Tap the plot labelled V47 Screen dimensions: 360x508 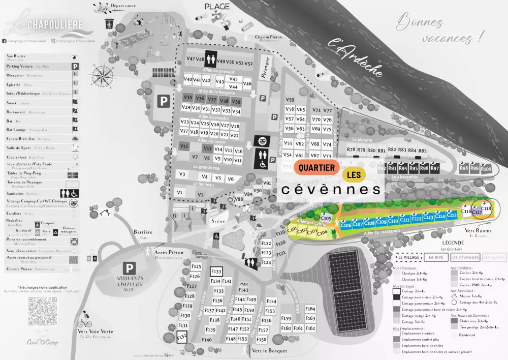coord(190,59)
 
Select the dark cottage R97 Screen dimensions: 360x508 coord(435,168)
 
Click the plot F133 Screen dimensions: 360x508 coord(216,272)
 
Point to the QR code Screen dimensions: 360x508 coord(43,311)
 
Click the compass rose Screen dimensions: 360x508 coord(104,77)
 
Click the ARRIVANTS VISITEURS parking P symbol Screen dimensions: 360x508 coord(130,268)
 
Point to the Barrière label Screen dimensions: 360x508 coord(143,232)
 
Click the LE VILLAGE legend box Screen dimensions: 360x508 coord(407,257)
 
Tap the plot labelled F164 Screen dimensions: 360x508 coord(310,309)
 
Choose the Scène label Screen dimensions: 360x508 coord(218,221)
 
